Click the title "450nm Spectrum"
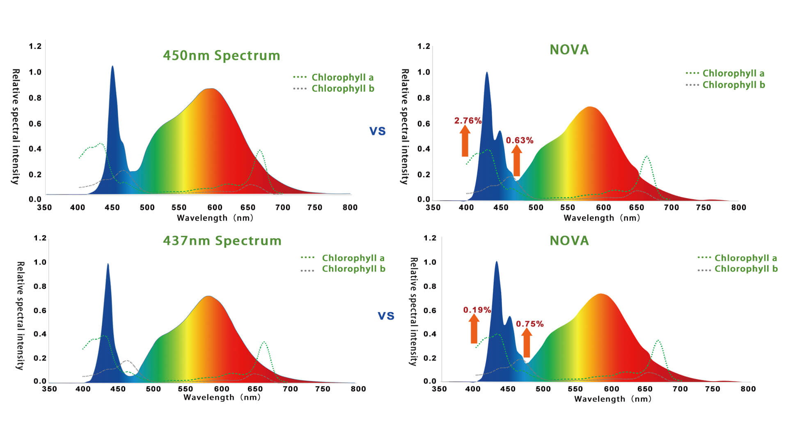[221, 55]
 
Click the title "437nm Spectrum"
[222, 240]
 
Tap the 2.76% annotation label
[467, 121]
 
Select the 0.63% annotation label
[519, 140]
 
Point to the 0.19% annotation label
[477, 310]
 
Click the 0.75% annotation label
[529, 324]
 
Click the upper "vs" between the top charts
[377, 131]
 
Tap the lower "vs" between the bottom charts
[386, 315]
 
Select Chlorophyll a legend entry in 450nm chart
[333, 77]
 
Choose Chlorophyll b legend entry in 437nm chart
[343, 269]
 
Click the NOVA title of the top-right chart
[569, 50]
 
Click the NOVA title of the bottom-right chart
[569, 240]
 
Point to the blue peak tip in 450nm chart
[112, 67]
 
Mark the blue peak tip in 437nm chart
[108, 265]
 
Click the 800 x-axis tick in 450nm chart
[350, 208]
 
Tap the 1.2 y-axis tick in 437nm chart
[40, 238]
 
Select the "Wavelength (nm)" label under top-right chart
[602, 218]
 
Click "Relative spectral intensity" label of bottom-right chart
[414, 311]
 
